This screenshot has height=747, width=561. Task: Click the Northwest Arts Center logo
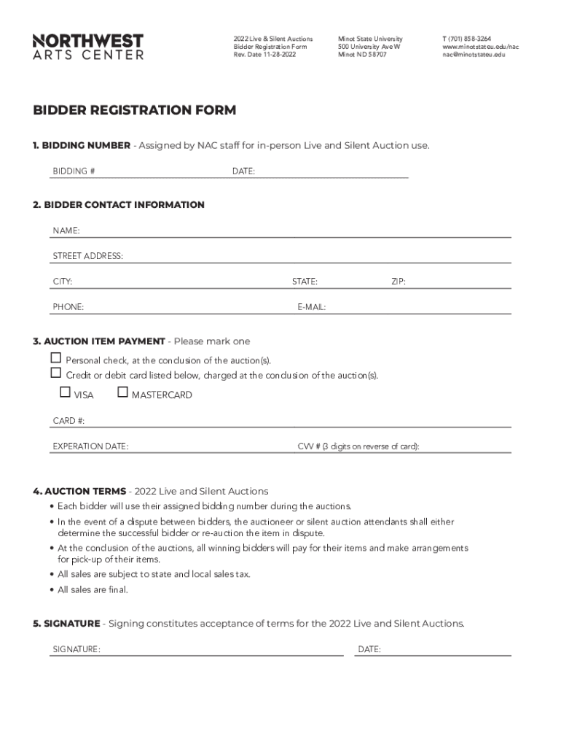point(88,46)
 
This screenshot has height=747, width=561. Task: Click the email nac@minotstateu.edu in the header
point(474,55)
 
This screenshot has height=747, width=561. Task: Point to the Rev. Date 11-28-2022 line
point(264,55)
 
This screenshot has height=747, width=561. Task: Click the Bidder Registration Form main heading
point(135,110)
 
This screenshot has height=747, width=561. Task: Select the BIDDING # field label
point(74,171)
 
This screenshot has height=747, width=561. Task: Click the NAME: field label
point(66,231)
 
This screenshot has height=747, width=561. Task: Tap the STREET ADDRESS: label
point(87,256)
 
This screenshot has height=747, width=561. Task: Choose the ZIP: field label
point(399,282)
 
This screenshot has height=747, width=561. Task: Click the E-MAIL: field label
point(311,307)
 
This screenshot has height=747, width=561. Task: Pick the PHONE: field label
point(68,307)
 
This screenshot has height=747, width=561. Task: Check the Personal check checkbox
point(56,358)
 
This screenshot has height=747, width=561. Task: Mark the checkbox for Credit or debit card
point(56,373)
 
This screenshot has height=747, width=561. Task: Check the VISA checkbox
point(65,392)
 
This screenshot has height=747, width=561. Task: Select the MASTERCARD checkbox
point(122,392)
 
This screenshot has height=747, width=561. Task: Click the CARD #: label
point(69,421)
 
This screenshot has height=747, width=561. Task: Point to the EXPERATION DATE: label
point(90,446)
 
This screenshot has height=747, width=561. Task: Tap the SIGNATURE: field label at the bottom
point(76,649)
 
